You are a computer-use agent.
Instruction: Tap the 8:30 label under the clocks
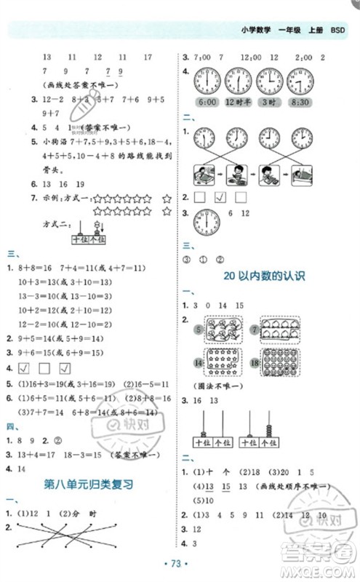(300, 103)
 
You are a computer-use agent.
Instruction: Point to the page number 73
(179, 564)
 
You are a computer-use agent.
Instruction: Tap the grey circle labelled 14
(198, 362)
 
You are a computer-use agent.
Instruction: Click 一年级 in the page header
(281, 30)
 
